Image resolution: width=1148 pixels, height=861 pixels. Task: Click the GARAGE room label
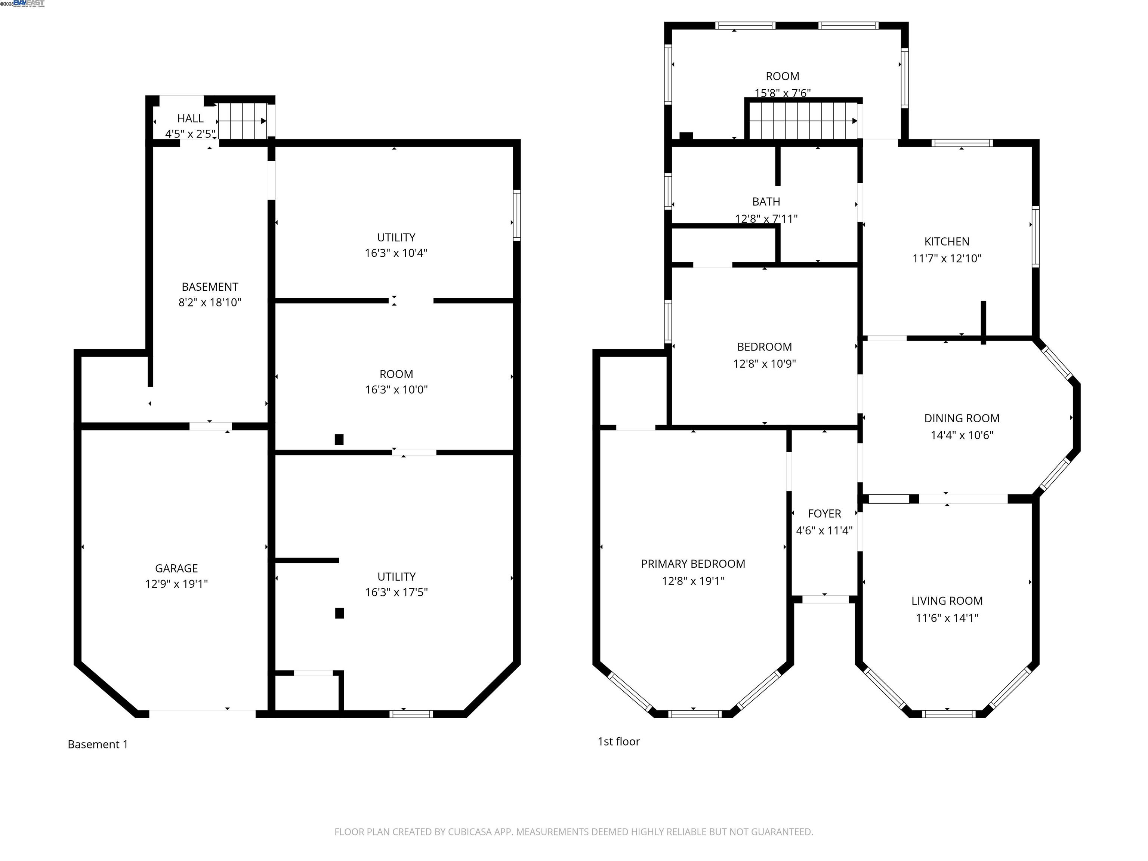pyautogui.click(x=176, y=568)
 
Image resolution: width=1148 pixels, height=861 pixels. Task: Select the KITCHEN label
pyautogui.click(x=947, y=241)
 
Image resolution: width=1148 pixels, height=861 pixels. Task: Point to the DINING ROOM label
pyautogui.click(x=961, y=418)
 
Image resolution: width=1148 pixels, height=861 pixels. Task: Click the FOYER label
pyautogui.click(x=824, y=514)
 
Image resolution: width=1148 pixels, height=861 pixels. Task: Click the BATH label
pyautogui.click(x=766, y=201)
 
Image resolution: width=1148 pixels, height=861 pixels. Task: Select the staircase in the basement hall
pyautogui.click(x=241, y=121)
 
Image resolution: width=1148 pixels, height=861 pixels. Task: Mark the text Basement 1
pyautogui.click(x=98, y=745)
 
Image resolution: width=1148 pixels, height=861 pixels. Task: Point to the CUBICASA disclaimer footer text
pyautogui.click(x=574, y=832)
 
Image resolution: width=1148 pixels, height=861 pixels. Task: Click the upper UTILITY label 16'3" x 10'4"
pyautogui.click(x=396, y=238)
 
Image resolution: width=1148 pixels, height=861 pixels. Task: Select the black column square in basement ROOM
pyautogui.click(x=339, y=439)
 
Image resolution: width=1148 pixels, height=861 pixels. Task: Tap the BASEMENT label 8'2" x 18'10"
pyautogui.click(x=210, y=287)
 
